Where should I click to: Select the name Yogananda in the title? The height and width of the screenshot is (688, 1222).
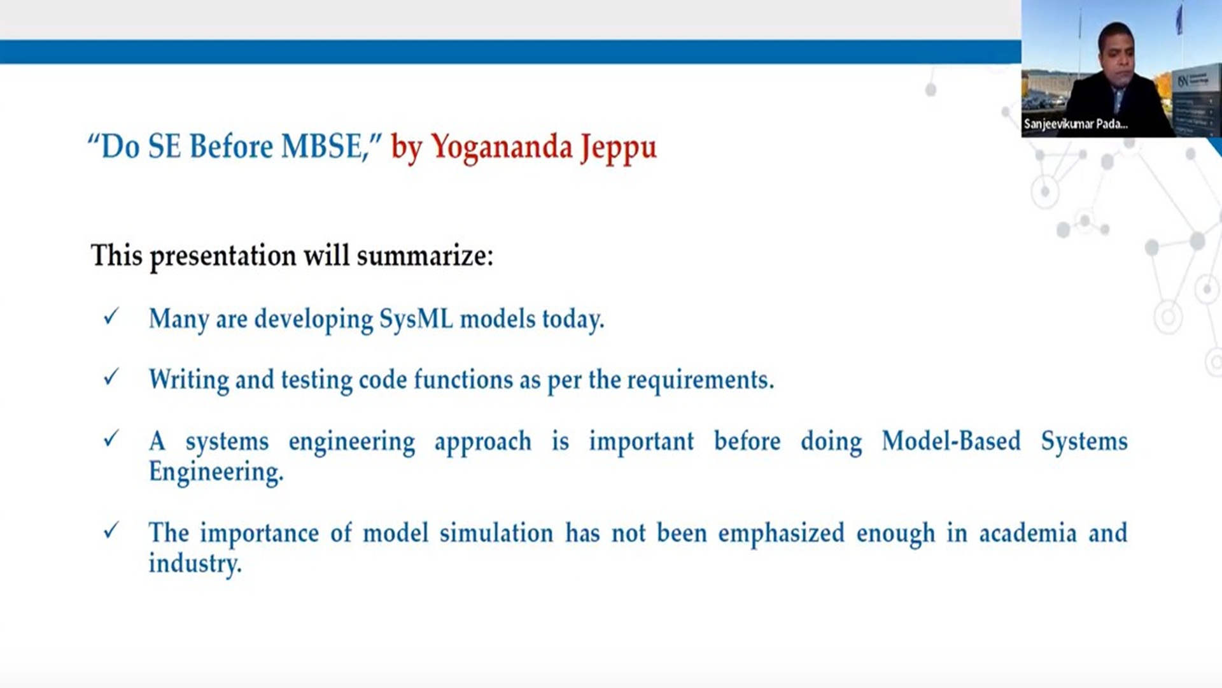pyautogui.click(x=502, y=148)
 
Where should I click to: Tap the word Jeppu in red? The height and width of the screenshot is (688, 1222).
pyautogui.click(x=618, y=148)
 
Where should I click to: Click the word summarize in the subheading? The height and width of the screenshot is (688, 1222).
pyautogui.click(x=425, y=255)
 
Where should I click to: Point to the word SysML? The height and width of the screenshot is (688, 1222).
pyautogui.click(x=416, y=319)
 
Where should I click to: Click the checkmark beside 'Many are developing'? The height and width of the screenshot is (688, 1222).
pyautogui.click(x=111, y=317)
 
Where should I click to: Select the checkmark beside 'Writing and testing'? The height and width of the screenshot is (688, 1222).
pyautogui.click(x=111, y=377)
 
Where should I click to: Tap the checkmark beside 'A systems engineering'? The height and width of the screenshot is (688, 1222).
pyautogui.click(x=111, y=438)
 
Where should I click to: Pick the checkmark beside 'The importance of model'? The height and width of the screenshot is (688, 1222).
pyautogui.click(x=111, y=530)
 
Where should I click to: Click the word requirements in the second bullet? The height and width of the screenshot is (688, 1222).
pyautogui.click(x=701, y=380)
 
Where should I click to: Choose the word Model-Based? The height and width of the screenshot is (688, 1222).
pyautogui.click(x=951, y=441)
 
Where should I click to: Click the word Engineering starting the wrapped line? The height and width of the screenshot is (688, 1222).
pyautogui.click(x=216, y=473)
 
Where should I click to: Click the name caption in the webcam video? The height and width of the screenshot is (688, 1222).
pyautogui.click(x=1076, y=124)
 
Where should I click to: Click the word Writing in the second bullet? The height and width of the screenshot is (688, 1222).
pyautogui.click(x=188, y=380)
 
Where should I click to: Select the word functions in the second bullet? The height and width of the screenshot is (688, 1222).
pyautogui.click(x=463, y=380)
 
